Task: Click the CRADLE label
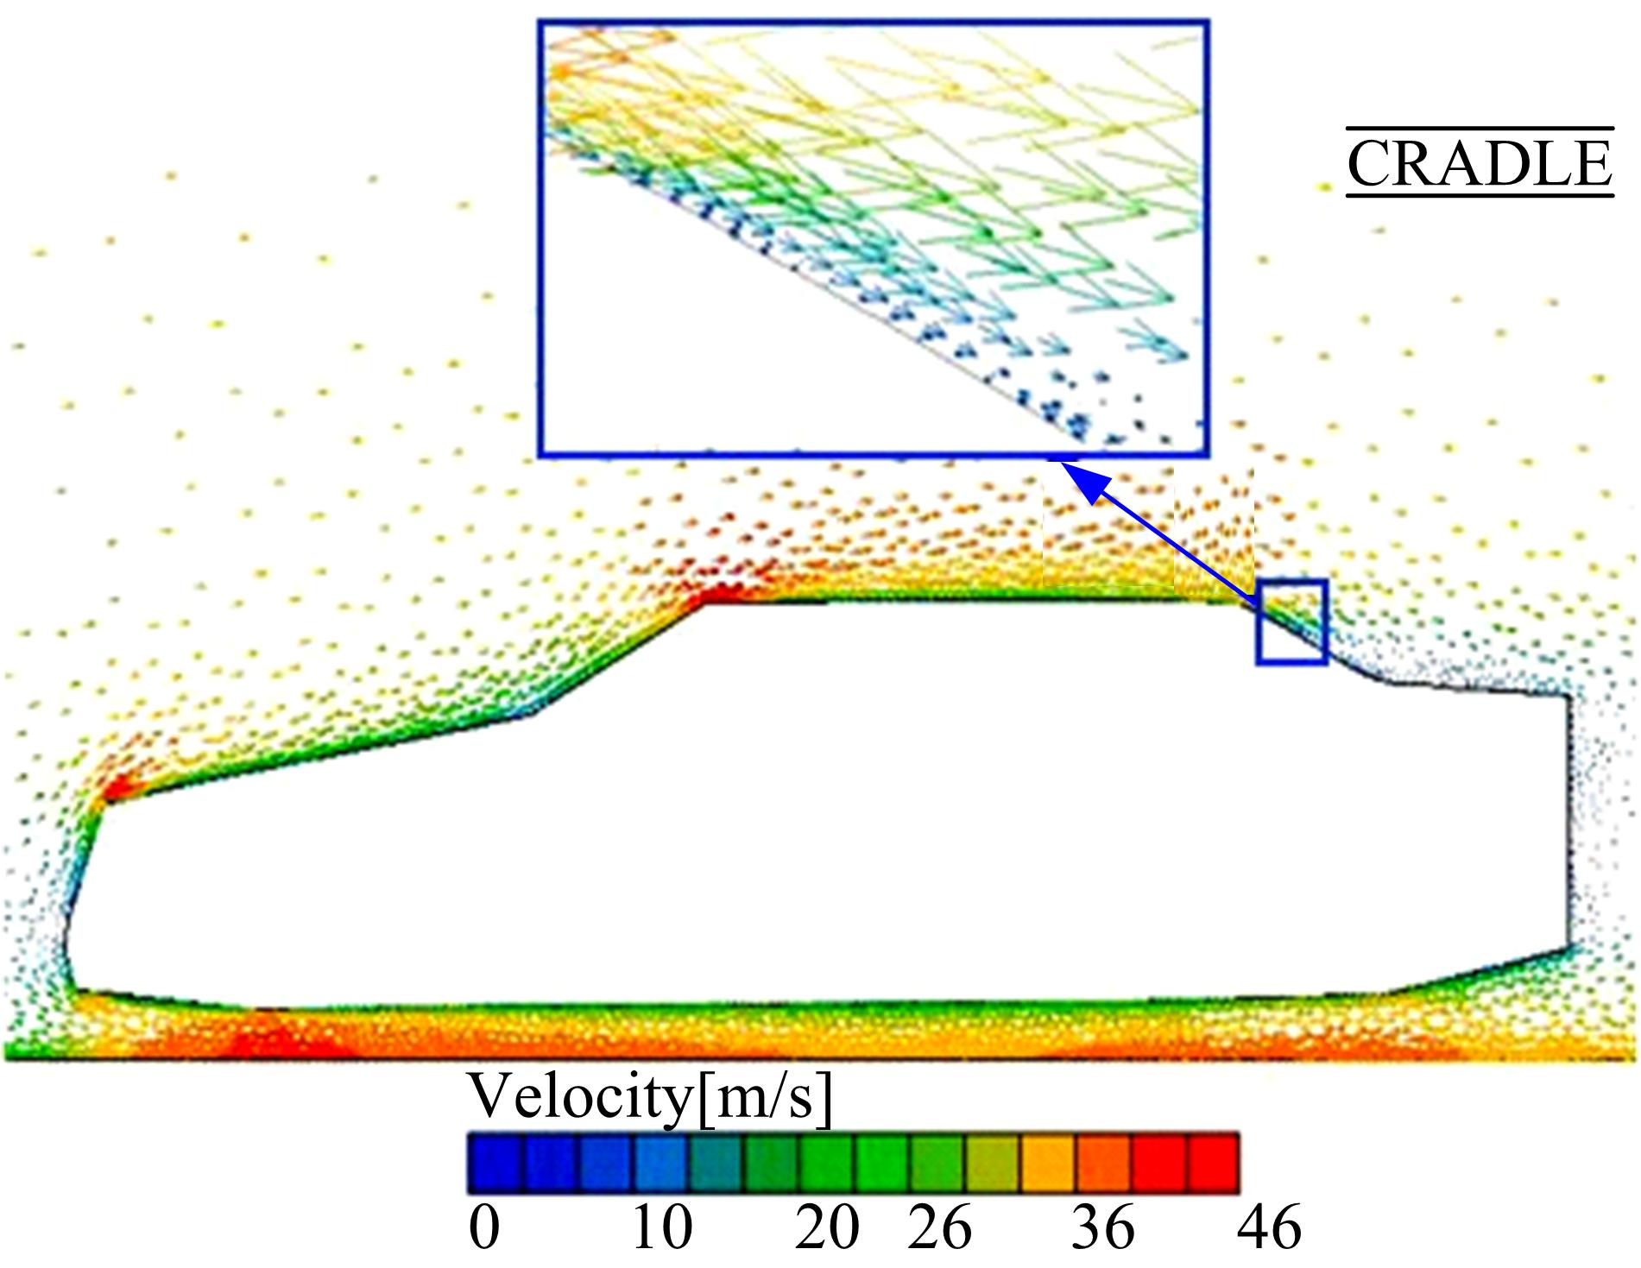tap(1479, 164)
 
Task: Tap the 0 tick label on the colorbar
tap(484, 1227)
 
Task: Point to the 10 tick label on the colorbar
tap(662, 1227)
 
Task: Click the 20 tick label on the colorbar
tap(826, 1227)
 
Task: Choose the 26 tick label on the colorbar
tap(939, 1227)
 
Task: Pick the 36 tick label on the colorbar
tap(1103, 1227)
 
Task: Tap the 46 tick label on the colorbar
tap(1268, 1227)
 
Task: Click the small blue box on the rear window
tap(1291, 622)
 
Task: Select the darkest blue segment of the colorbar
tap(495, 1163)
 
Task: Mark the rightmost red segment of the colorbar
tap(1214, 1163)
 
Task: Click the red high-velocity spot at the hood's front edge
tap(117, 787)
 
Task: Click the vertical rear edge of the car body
tap(1567, 820)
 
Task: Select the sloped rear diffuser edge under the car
tap(1476, 972)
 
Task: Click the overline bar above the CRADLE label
tap(1479, 129)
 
